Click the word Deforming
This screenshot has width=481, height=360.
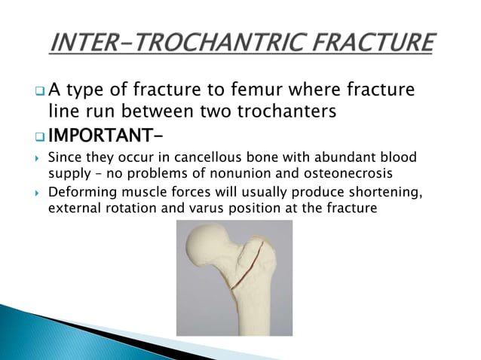pos(78,192)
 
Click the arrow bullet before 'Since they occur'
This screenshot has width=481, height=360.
pos(38,160)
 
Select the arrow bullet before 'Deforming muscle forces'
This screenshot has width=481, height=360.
pos(38,193)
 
